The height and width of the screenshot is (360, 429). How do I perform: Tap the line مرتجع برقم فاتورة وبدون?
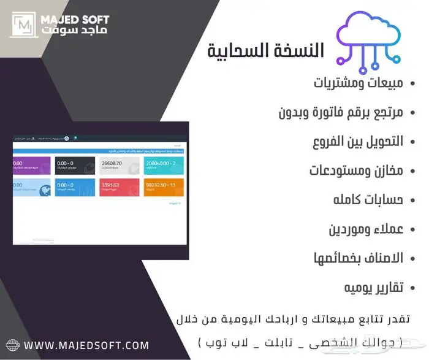tap(341, 112)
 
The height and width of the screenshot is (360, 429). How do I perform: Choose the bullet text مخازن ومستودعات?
tap(357, 170)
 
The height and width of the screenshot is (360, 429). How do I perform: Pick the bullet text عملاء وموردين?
tap(366, 229)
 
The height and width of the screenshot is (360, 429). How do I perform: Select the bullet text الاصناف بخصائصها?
tap(359, 258)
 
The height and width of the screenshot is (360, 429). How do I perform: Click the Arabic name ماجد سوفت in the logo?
tap(74, 30)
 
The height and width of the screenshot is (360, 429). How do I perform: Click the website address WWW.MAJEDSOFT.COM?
tap(86, 345)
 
